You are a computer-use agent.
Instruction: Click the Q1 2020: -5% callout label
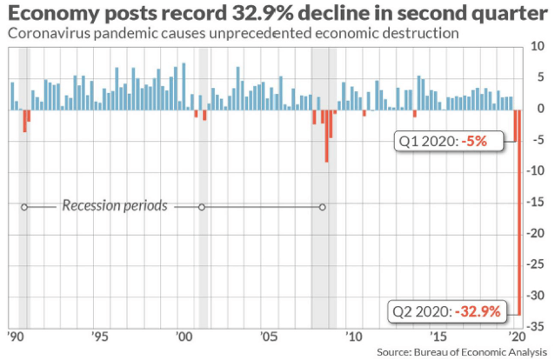click(449, 141)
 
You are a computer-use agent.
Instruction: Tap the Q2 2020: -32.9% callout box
click(447, 311)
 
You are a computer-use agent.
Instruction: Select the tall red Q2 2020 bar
click(519, 212)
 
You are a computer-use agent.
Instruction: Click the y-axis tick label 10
click(538, 46)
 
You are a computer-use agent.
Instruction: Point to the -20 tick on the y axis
click(535, 233)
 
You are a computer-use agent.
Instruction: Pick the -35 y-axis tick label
click(535, 327)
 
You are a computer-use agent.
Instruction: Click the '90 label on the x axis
click(16, 337)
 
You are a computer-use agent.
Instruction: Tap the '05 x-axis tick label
click(268, 337)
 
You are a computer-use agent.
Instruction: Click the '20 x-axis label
click(518, 337)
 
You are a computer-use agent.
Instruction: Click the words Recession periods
click(115, 206)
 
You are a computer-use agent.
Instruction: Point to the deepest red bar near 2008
click(326, 136)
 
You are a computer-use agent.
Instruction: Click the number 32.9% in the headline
click(263, 13)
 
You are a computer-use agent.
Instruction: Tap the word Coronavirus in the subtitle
click(48, 33)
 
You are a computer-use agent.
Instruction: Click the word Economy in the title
click(54, 14)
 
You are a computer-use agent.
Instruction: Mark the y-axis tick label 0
click(540, 109)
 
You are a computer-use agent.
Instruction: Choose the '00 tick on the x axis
click(184, 337)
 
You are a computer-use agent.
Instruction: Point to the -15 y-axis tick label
click(535, 202)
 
